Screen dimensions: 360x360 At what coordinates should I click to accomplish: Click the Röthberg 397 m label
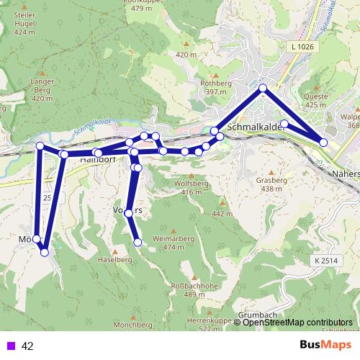coord(215,87)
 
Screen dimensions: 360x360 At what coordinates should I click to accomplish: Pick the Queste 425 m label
coord(316,100)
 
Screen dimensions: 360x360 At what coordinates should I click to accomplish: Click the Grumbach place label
coord(258,315)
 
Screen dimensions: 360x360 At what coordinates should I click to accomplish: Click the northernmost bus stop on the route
coord(264,89)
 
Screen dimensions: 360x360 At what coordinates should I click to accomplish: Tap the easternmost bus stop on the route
coord(323,143)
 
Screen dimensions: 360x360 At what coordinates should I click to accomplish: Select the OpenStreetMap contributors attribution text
coord(297,322)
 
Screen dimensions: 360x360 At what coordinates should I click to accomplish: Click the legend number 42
coord(28,346)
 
